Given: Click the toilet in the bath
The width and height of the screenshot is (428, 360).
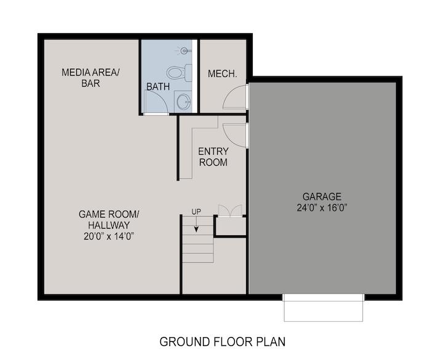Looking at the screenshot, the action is [x=179, y=72].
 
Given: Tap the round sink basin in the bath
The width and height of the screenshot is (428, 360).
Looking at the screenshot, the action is [x=183, y=102].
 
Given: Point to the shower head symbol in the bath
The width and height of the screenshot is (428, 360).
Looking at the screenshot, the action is [x=183, y=50].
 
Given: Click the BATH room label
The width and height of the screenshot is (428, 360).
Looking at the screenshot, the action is [x=158, y=87].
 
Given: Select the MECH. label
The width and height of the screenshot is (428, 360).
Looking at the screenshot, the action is [x=223, y=74].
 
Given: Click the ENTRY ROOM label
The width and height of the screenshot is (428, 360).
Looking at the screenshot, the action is [x=213, y=157].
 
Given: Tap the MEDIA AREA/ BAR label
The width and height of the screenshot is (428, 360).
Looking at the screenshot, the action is [x=90, y=78].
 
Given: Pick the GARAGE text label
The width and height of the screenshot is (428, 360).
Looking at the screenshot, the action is [x=322, y=197].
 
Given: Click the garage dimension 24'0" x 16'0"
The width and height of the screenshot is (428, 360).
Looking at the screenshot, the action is [x=322, y=208].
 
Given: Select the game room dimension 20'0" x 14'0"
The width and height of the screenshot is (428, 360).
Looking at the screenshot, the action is [x=109, y=236].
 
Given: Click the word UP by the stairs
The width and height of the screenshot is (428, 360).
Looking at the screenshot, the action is [x=196, y=211].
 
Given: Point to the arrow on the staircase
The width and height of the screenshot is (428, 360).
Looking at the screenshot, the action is [x=196, y=224].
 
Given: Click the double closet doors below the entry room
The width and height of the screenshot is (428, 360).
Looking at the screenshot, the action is [x=230, y=211].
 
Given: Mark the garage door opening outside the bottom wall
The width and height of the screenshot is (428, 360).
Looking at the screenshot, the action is [x=323, y=308].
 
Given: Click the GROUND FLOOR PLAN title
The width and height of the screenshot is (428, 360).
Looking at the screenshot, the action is [x=223, y=342].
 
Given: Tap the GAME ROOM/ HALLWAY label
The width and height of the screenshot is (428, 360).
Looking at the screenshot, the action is [x=109, y=220].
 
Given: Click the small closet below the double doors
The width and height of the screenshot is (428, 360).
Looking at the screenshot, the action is [x=231, y=226].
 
